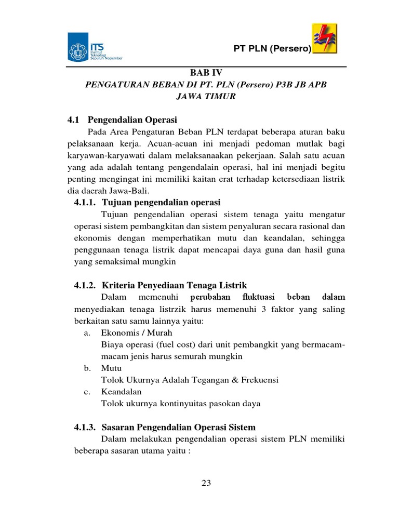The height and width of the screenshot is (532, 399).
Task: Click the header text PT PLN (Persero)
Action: (x=272, y=49)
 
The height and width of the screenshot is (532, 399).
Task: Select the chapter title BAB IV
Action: (x=207, y=74)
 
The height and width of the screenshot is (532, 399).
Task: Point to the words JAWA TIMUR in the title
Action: (x=206, y=97)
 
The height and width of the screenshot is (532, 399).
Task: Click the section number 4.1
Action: (x=74, y=119)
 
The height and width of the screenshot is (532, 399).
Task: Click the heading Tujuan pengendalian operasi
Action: (x=161, y=202)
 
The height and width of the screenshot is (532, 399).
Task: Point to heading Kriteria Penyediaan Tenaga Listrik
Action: (x=175, y=285)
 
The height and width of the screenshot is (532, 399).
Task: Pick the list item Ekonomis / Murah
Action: (x=137, y=332)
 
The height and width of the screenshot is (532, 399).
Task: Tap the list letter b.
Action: (x=87, y=368)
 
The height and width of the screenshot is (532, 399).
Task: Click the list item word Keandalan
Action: (x=121, y=392)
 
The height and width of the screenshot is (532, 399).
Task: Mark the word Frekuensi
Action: (x=258, y=380)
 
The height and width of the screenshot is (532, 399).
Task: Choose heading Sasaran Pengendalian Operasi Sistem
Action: (x=179, y=427)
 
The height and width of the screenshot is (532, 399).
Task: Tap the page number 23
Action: (x=206, y=483)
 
